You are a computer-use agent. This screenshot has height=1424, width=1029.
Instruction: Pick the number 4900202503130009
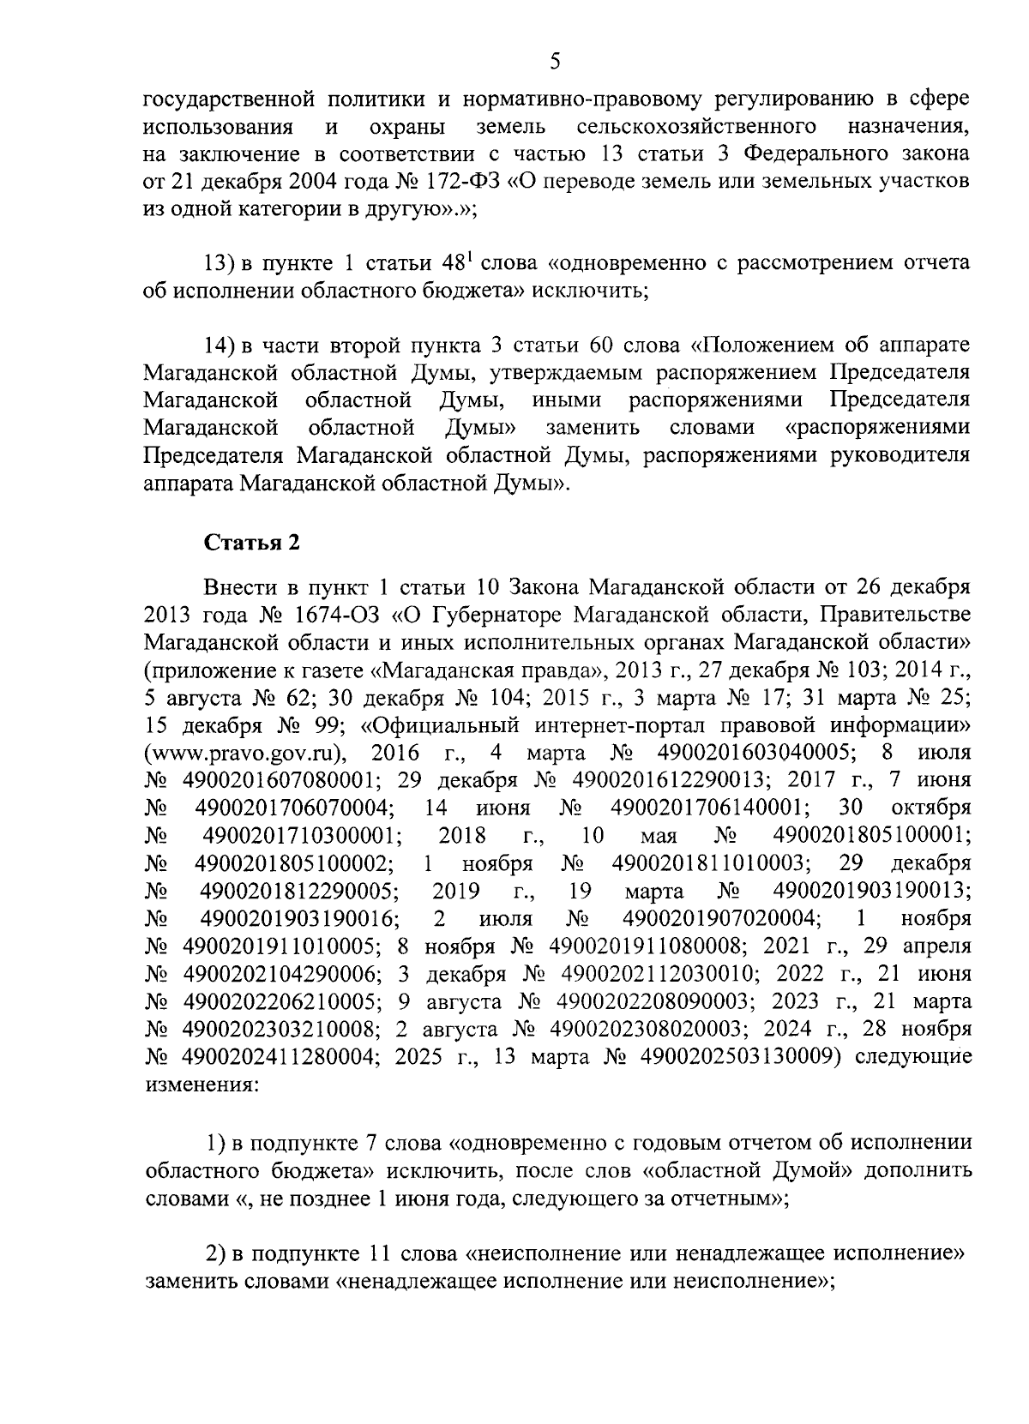pos(737,1057)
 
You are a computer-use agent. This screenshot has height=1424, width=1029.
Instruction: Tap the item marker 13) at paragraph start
pos(220,262)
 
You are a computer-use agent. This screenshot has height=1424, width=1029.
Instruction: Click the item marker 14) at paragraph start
pos(220,346)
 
